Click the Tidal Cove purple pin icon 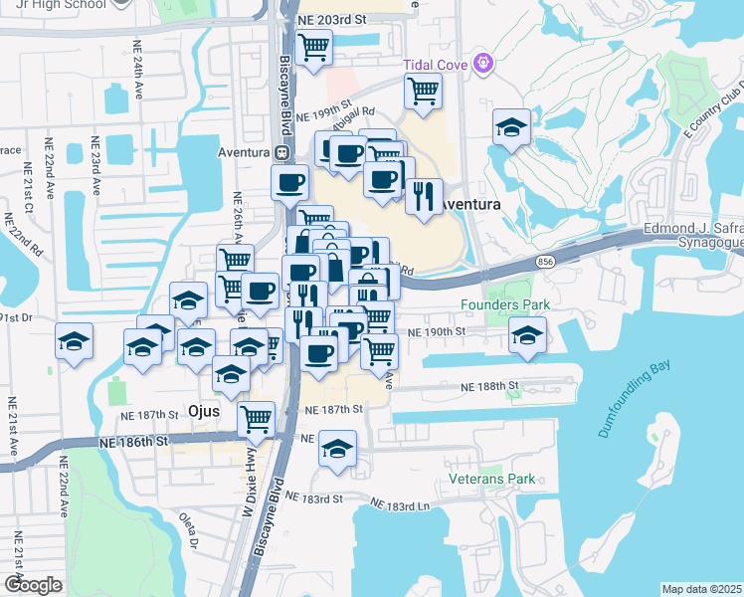484,63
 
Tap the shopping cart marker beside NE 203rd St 314,46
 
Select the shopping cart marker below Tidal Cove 423,92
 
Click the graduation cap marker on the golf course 511,127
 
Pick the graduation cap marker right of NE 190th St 527,334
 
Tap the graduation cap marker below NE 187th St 338,448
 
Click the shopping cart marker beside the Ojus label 256,418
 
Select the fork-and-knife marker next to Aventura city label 424,196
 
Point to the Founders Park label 497,305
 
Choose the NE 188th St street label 489,385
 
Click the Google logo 33,584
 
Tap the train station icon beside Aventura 282,153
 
